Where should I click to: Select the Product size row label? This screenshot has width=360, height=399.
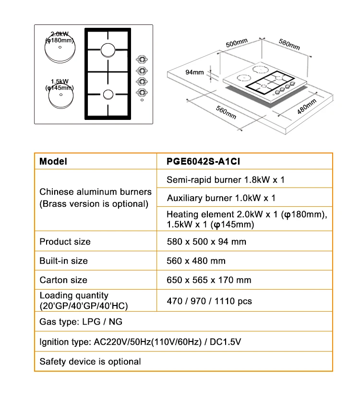point(65,241)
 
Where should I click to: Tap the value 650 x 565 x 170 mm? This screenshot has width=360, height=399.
point(209,280)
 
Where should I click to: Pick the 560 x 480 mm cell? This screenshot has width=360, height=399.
point(196,261)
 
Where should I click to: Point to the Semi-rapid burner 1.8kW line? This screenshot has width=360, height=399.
point(226,180)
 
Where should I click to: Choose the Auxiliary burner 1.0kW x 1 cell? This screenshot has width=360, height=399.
point(221,198)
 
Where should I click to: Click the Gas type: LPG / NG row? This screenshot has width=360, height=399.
point(81,322)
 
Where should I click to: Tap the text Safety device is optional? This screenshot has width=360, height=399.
point(90,362)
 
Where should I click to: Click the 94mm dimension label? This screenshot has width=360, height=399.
point(195,72)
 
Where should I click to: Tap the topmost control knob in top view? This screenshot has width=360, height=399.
point(142,59)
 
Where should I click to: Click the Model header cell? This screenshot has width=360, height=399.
point(53,162)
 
